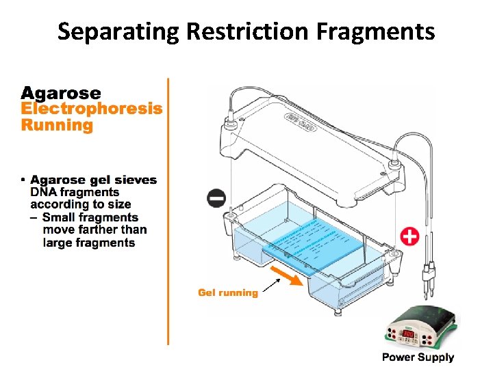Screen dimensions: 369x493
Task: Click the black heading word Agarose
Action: point(61,93)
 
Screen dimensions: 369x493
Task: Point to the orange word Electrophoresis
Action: point(92,109)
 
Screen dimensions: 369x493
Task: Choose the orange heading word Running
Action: point(57,125)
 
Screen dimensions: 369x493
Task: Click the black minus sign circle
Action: point(216,199)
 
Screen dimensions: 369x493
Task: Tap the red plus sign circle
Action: point(409,237)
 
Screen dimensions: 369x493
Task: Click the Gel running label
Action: point(228,292)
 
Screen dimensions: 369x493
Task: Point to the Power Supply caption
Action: point(418,357)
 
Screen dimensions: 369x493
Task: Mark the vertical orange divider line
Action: point(168,212)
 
